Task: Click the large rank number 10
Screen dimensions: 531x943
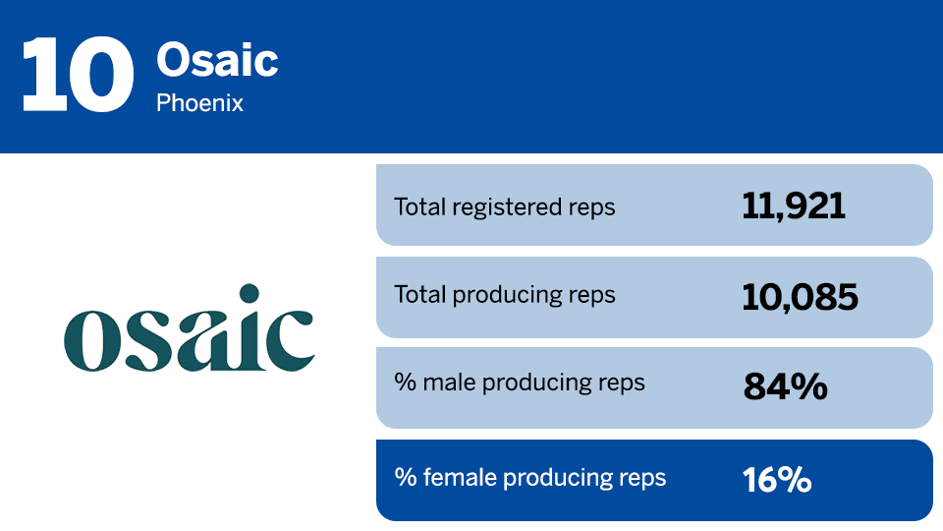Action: coord(77,76)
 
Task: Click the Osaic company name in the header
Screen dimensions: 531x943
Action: coord(217,61)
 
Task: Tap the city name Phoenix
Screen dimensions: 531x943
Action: coord(199,102)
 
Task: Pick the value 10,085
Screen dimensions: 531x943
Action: coord(800,296)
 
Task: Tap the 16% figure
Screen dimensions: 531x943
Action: coord(777,480)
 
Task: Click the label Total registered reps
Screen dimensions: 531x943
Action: coord(504,206)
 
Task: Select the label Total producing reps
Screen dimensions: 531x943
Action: coord(504,295)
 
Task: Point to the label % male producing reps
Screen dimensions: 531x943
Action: coord(520,383)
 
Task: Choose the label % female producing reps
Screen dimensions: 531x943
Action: coord(530,478)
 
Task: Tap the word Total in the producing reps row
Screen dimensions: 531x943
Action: coord(416,295)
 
